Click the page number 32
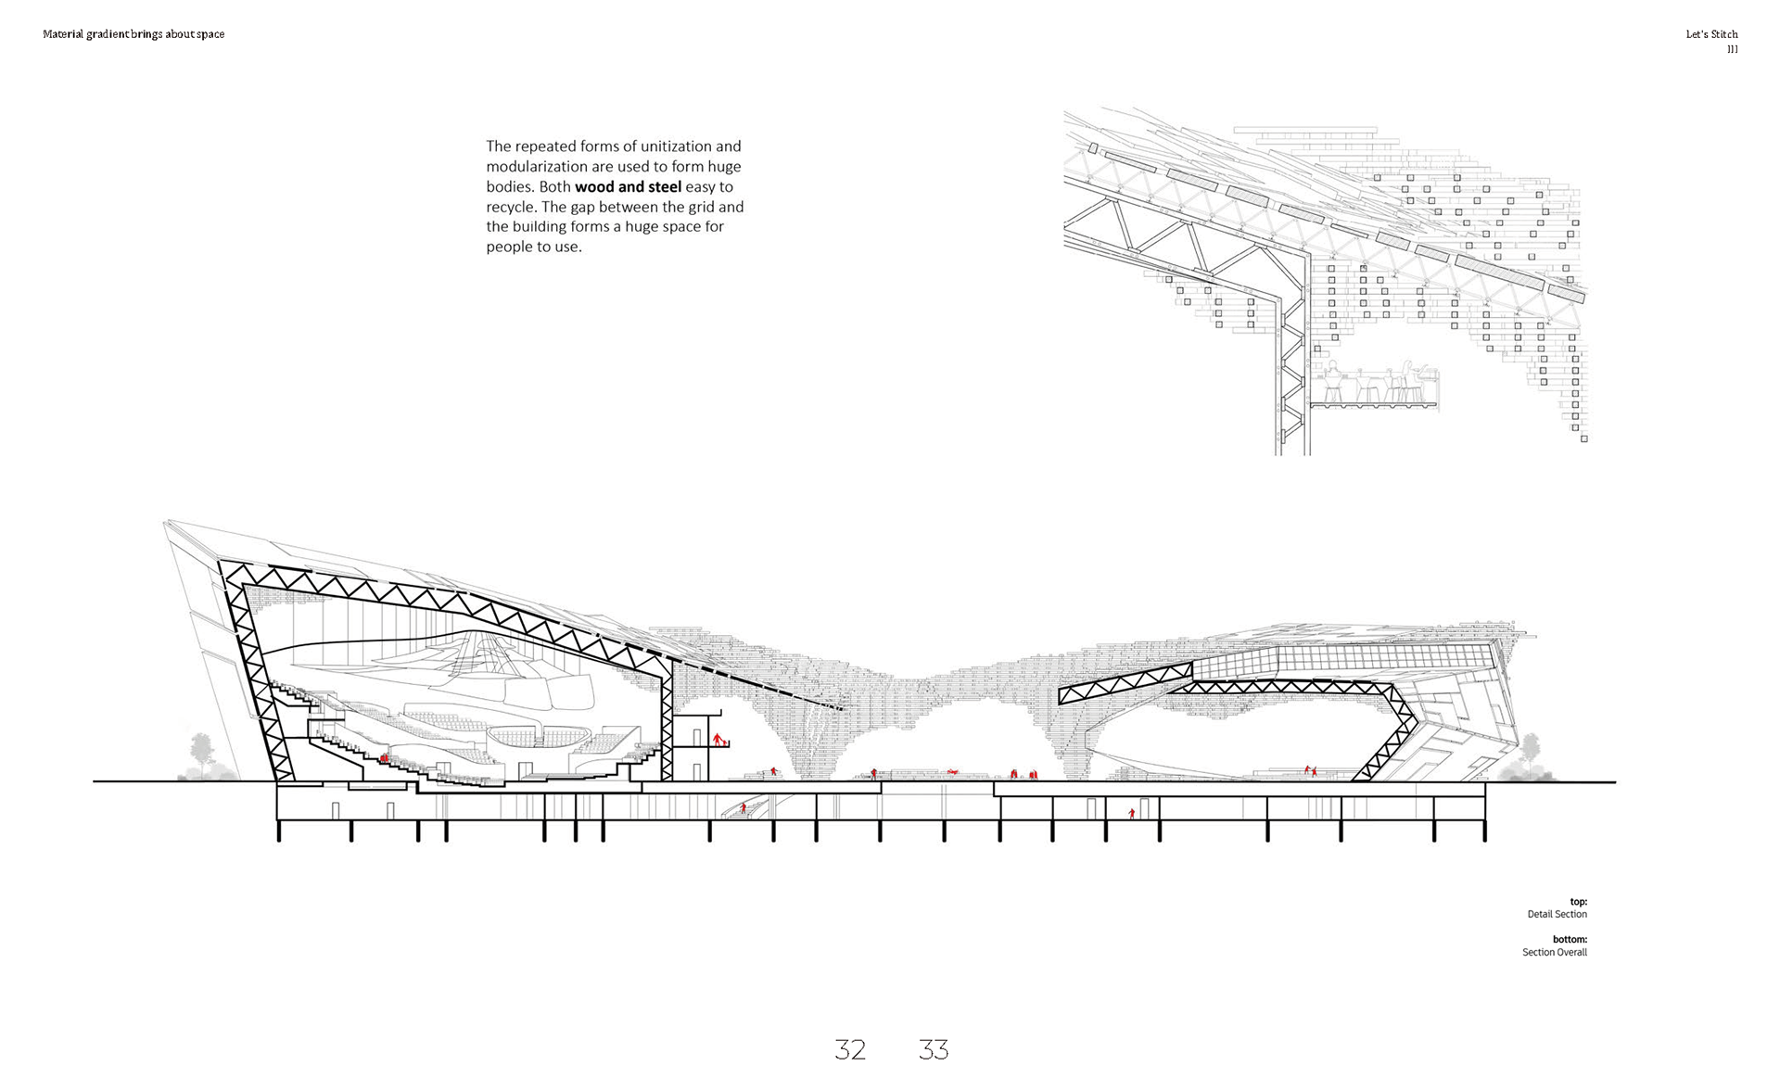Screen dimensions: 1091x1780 (x=850, y=1049)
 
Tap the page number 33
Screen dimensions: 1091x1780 (x=934, y=1049)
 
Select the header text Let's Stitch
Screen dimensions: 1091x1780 (x=1711, y=34)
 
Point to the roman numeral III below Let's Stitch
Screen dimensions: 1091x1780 (x=1732, y=50)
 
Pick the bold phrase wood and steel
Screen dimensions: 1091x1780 (x=628, y=187)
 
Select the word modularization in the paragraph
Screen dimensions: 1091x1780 (x=541, y=167)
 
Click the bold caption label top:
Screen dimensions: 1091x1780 (x=1578, y=902)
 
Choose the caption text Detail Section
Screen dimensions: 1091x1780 (x=1557, y=915)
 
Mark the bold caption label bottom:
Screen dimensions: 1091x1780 (x=1570, y=940)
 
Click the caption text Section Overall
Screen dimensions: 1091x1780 (x=1554, y=953)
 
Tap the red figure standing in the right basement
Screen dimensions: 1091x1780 (x=1131, y=814)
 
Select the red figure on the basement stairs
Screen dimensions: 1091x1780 (x=743, y=808)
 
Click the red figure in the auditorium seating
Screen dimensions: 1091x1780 (x=384, y=758)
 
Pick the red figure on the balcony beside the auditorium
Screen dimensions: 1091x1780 (x=718, y=740)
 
